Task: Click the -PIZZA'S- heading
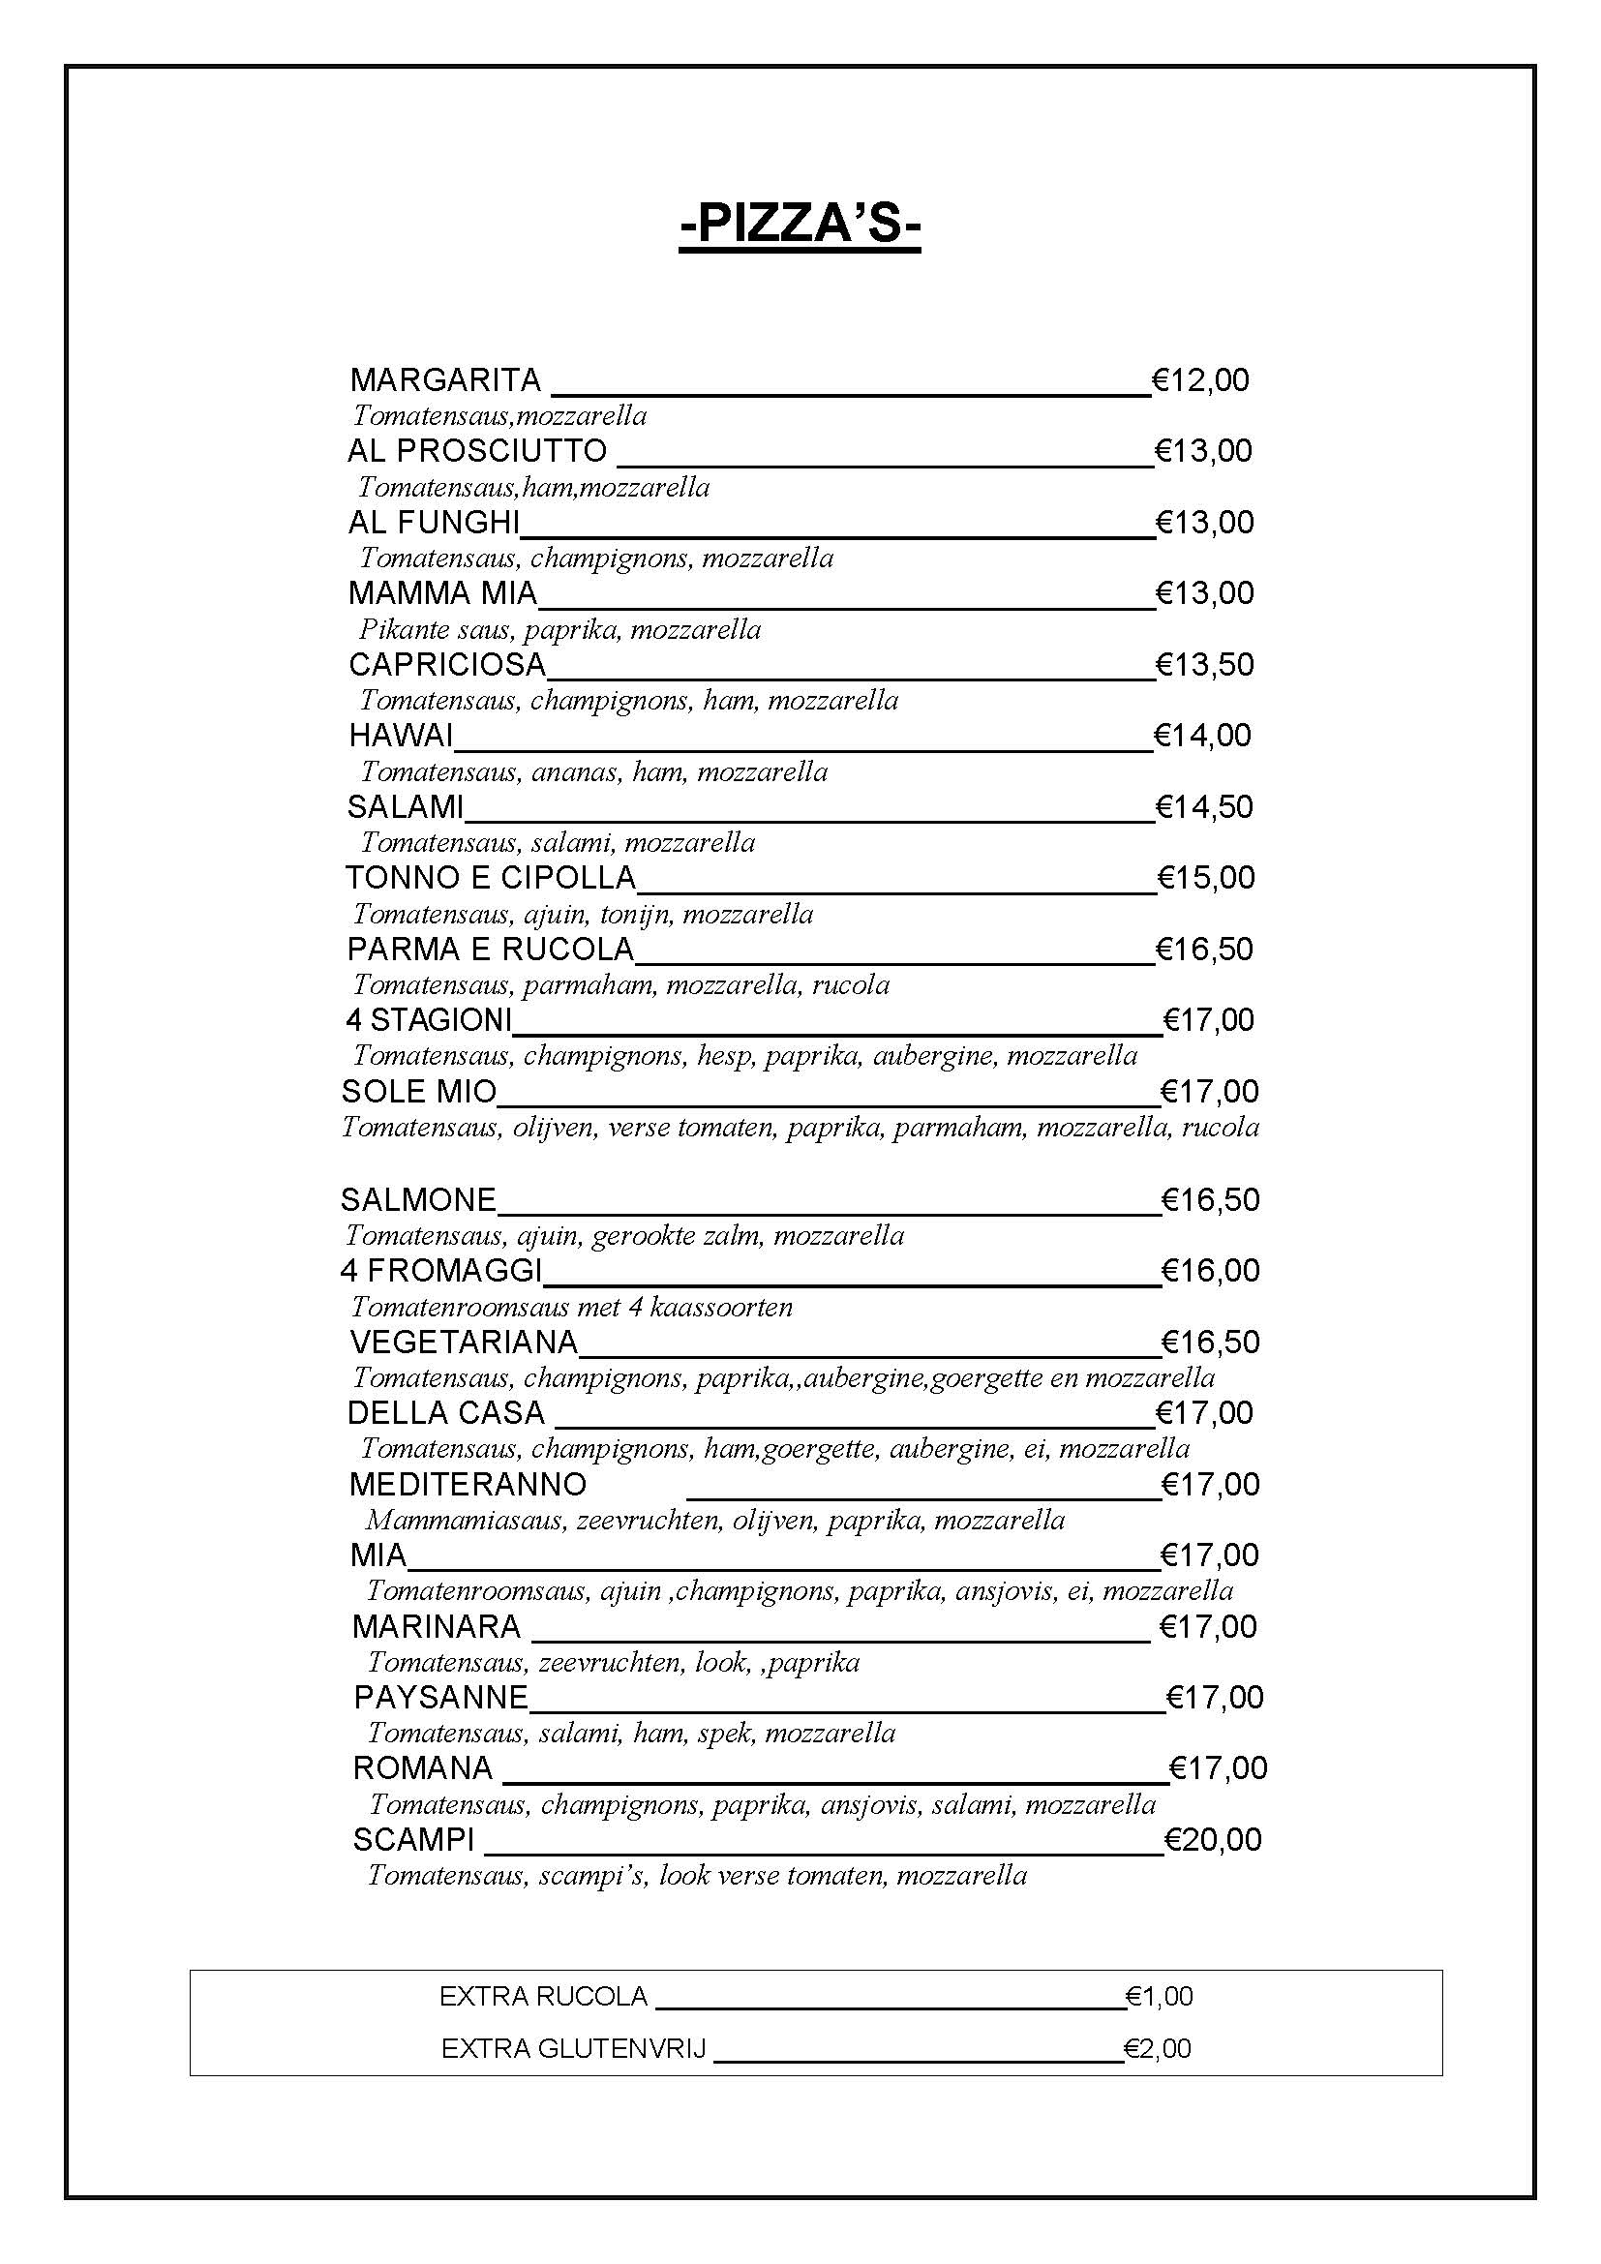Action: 800,224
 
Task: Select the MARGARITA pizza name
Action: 445,379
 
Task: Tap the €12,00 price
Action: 1199,379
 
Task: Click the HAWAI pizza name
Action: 401,736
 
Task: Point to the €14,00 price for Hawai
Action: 1202,736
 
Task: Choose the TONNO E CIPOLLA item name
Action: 490,878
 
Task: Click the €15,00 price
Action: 1205,878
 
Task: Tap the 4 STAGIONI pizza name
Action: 429,1019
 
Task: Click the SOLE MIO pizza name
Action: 419,1092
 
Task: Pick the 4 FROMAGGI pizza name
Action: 440,1270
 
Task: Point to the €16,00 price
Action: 1210,1270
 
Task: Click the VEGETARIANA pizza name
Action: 464,1342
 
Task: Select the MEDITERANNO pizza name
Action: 468,1484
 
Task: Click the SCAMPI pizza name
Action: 413,1840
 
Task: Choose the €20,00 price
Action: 1212,1840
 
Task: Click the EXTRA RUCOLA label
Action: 543,1997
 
